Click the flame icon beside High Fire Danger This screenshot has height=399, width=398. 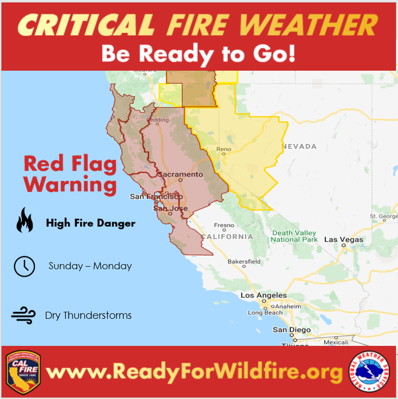[24, 221]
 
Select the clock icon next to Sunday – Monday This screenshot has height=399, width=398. [24, 266]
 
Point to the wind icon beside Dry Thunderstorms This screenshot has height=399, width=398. [24, 315]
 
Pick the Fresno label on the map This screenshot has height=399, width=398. [224, 226]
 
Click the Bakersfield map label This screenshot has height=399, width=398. [244, 262]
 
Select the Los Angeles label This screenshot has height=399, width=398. [264, 296]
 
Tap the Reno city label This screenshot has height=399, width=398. [223, 149]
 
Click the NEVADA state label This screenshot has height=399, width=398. [299, 146]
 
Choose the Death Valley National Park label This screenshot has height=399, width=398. [294, 236]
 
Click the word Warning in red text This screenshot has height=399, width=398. [70, 184]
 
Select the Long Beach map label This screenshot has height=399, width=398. [265, 313]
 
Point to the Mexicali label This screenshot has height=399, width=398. [335, 342]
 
